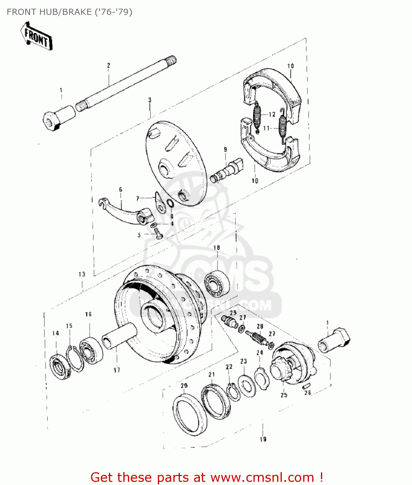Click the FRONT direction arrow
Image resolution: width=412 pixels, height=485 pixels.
[36, 36]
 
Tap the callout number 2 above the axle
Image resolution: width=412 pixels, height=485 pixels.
[108, 65]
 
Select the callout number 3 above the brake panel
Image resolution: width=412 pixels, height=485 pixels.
[150, 100]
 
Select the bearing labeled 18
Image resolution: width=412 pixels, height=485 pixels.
[217, 285]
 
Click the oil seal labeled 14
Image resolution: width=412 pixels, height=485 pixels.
[60, 367]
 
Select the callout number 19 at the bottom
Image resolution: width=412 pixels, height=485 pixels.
[263, 439]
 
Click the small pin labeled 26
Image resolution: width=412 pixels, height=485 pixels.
[307, 385]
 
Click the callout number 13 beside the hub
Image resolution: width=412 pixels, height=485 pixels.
[82, 274]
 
